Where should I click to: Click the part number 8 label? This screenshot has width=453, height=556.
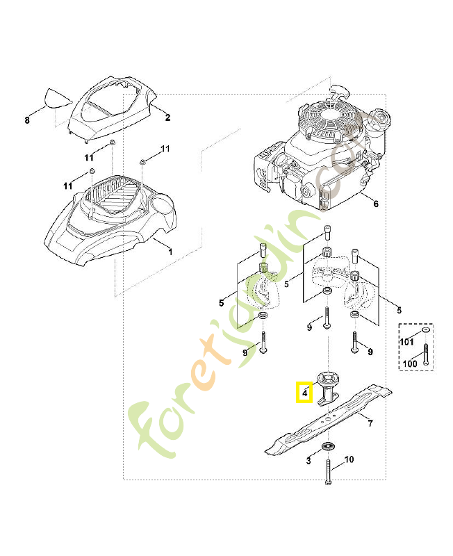point(27,120)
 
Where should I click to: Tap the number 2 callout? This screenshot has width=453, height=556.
point(167,118)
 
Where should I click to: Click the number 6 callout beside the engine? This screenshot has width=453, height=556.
point(376,204)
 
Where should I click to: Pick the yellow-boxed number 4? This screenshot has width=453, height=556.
point(304,393)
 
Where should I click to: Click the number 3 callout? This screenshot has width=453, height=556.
point(308,461)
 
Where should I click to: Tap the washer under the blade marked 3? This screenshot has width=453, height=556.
point(327,446)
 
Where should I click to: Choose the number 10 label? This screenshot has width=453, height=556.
point(349,459)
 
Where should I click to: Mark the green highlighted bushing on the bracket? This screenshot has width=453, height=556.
point(263,268)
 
